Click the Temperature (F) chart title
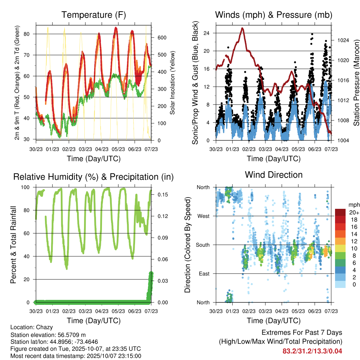tap(94, 15)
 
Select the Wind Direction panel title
tap(274, 174)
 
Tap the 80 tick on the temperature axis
tap(30, 34)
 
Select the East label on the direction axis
tap(204, 274)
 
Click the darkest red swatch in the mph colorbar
tap(341, 212)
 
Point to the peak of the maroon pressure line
tap(242, 28)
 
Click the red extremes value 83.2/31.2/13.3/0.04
tap(312, 351)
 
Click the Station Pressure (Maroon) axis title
tap(356, 83)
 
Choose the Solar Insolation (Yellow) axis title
tap(172, 83)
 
